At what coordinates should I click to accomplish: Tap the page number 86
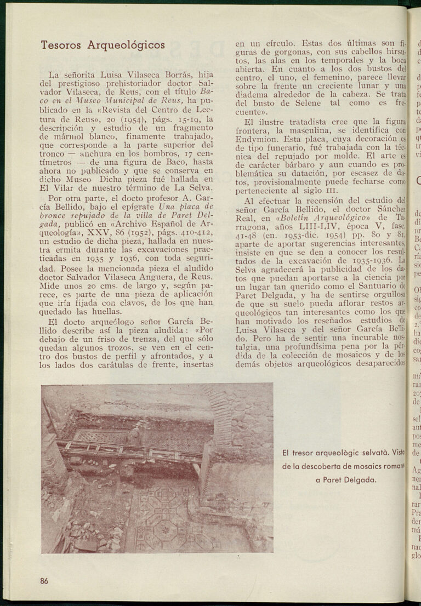click(x=44, y=581)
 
